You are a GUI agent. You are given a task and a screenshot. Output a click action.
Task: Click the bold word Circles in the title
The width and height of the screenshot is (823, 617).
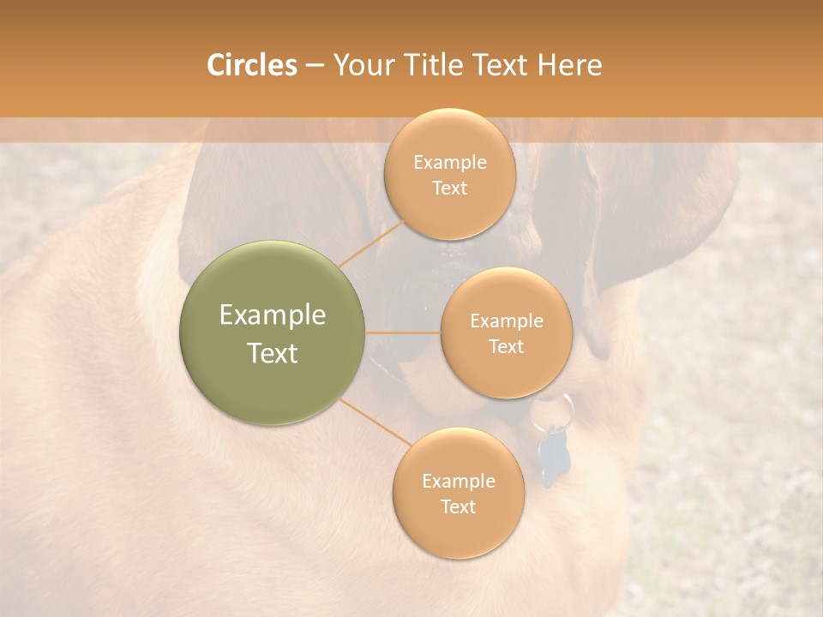pyautogui.click(x=251, y=65)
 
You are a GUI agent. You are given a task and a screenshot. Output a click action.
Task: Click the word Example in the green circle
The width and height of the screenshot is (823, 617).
pyautogui.click(x=273, y=315)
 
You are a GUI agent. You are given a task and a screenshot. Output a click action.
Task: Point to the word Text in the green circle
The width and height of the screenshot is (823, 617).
pyautogui.click(x=273, y=353)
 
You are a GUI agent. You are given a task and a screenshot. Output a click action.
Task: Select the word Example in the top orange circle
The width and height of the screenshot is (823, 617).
pyautogui.click(x=450, y=163)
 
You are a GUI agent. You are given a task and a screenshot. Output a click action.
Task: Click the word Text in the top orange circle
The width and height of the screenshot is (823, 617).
pyautogui.click(x=450, y=189)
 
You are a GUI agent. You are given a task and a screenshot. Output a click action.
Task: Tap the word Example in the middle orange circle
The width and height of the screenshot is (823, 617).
pyautogui.click(x=506, y=321)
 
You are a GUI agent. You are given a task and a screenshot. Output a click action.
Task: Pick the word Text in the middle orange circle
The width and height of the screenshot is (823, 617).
pyautogui.click(x=506, y=347)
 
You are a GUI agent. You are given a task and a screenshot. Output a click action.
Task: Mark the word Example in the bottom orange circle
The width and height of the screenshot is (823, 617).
pyautogui.click(x=458, y=482)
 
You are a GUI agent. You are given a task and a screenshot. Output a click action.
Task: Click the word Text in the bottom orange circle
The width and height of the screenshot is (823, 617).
pyautogui.click(x=458, y=507)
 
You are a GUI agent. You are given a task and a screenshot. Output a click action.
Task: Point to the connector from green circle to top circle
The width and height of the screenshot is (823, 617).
pyautogui.click(x=370, y=244)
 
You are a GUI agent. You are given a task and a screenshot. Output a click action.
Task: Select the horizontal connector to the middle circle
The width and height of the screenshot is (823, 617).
pyautogui.click(x=403, y=332)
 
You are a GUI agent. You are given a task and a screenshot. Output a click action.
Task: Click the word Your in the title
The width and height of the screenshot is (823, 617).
pyautogui.click(x=358, y=65)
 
